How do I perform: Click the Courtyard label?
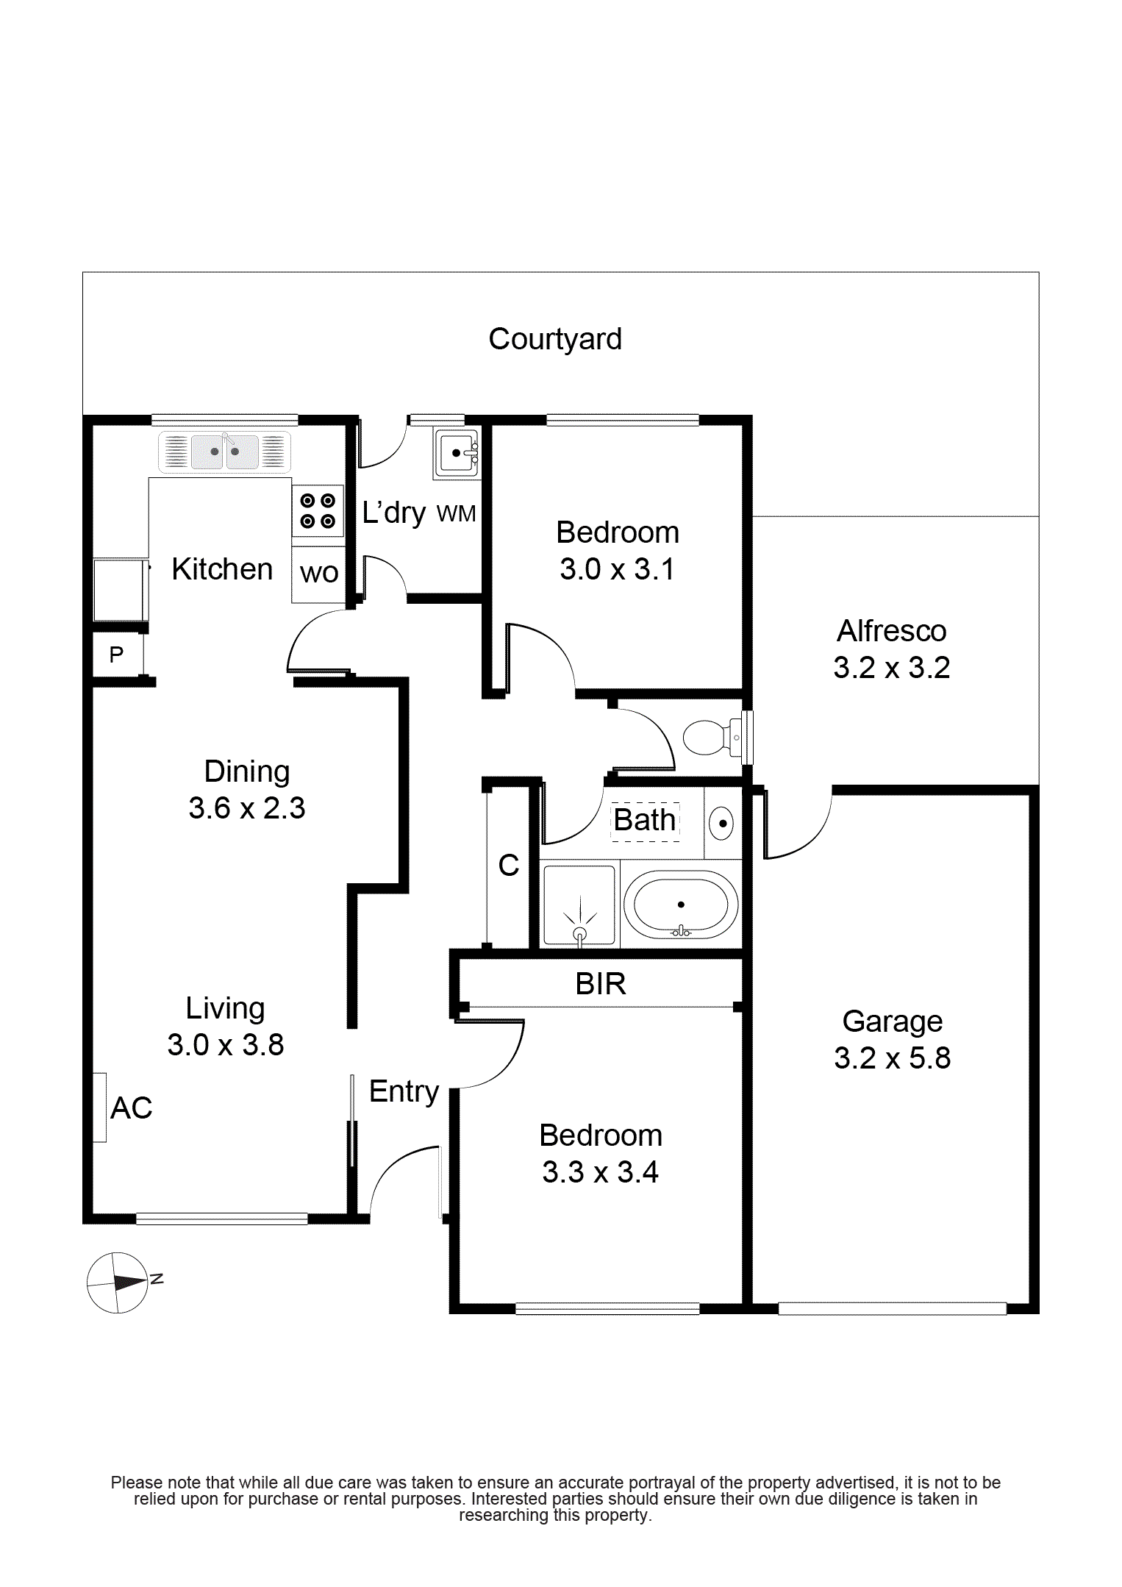[x=555, y=340]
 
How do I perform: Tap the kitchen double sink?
[x=225, y=452]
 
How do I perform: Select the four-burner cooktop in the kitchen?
[x=318, y=510]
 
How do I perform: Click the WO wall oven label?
[x=319, y=573]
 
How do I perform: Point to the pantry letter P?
[x=116, y=654]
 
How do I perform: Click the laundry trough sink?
[x=457, y=452]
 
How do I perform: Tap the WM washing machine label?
[x=456, y=513]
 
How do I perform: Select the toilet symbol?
[x=711, y=737]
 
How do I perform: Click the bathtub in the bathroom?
[x=681, y=905]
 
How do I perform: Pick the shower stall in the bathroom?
[x=579, y=905]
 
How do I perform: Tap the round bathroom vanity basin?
[x=722, y=823]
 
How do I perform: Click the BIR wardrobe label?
[x=601, y=984]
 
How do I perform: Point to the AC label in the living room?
[x=132, y=1108]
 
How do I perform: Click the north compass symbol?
[x=118, y=1283]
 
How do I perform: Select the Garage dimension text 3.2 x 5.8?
[x=893, y=1058]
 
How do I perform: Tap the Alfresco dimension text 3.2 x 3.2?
[x=892, y=668]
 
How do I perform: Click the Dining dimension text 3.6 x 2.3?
[x=247, y=808]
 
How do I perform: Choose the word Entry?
[x=404, y=1092]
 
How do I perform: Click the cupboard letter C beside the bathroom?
[x=509, y=866]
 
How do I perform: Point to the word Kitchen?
[x=222, y=569]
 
